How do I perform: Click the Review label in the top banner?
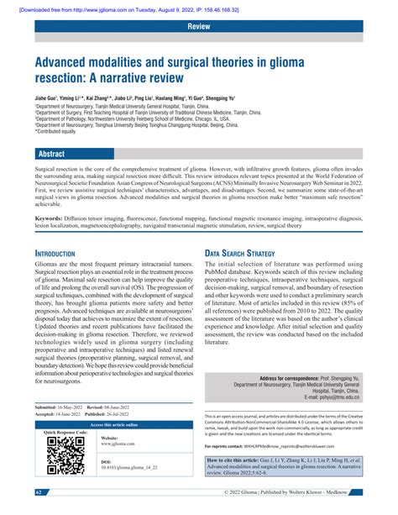198,27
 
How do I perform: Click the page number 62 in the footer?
40,491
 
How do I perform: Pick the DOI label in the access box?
106,461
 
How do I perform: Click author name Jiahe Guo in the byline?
49,99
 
